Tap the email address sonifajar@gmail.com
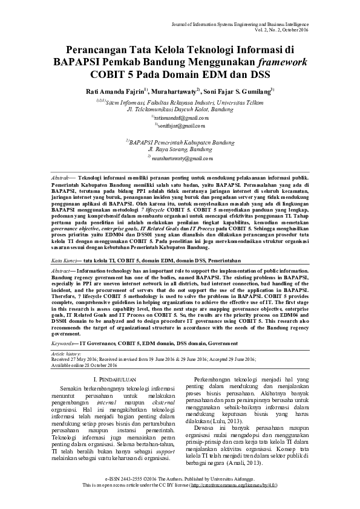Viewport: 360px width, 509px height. [x=180, y=125]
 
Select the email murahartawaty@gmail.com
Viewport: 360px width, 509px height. [x=182, y=158]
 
